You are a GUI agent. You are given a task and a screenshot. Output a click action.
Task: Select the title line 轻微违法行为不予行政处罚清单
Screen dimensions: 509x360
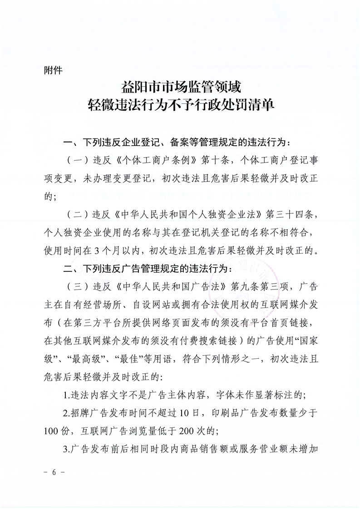point(180,107)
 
